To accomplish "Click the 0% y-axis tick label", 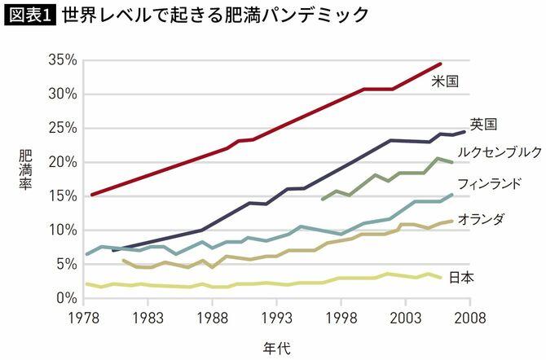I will [66, 298].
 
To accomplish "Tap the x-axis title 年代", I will [277, 347].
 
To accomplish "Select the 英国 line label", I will [483, 124].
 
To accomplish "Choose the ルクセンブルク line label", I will [500, 151].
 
